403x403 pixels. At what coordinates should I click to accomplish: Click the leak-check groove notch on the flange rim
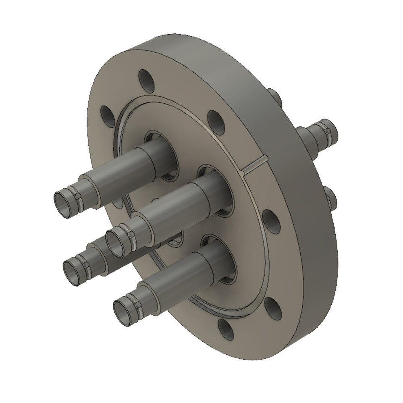pos(255,166)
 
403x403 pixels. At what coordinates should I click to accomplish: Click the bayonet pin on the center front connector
pos(131,235)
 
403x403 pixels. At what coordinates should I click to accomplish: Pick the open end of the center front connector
pos(116,241)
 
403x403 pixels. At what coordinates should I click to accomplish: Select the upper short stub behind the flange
pos(275,97)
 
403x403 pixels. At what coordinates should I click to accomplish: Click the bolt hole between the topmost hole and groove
pos(215,119)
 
